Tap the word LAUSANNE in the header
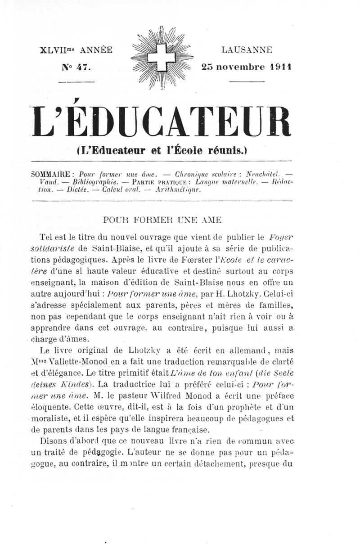[247, 50]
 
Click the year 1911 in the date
[281, 66]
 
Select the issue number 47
[83, 66]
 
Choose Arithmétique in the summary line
[175, 189]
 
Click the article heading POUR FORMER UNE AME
[162, 221]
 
